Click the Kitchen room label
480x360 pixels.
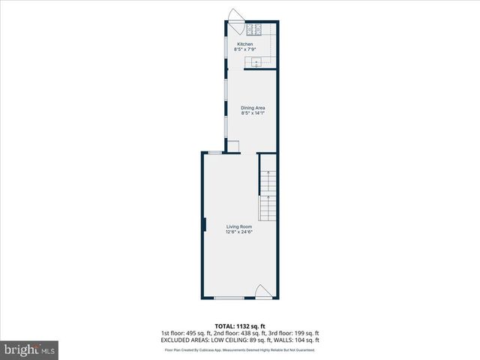click(x=245, y=45)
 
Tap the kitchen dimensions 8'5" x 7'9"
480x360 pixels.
click(x=245, y=50)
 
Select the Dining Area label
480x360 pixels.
click(x=253, y=108)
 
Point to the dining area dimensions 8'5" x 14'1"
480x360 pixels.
click(x=253, y=113)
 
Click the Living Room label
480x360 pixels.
click(x=240, y=226)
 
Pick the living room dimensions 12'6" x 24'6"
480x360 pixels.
click(x=240, y=232)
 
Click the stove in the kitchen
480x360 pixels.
click(x=253, y=30)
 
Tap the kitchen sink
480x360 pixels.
click(x=256, y=62)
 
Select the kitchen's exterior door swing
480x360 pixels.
click(x=235, y=16)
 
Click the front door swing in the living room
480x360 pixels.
click(x=263, y=292)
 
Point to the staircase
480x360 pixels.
click(x=268, y=195)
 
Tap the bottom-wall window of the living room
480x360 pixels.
click(x=229, y=298)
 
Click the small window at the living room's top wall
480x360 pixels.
click(x=214, y=152)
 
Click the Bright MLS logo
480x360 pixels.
click(x=30, y=349)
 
